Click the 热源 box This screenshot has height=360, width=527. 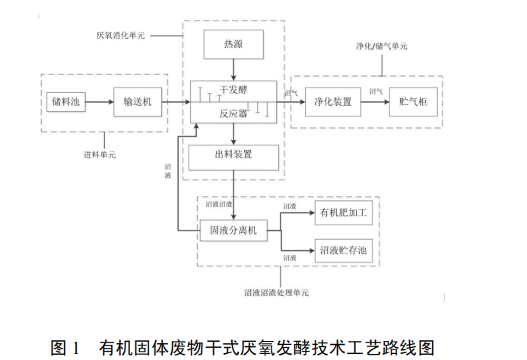pos(233,45)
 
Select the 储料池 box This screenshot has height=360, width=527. pos(65,102)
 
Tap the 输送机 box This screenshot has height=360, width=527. pos(138,102)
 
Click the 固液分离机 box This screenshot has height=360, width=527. pos(233,229)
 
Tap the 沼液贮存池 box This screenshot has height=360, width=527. pos(344,250)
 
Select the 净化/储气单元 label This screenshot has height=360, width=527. pos(381,46)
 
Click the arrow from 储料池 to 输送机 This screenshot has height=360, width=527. pos(102,102)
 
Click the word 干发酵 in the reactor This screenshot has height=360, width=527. pos(233,89)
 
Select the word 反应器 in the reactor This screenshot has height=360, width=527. pos(233,113)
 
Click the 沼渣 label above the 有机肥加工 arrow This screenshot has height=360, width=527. pos(290,207)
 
